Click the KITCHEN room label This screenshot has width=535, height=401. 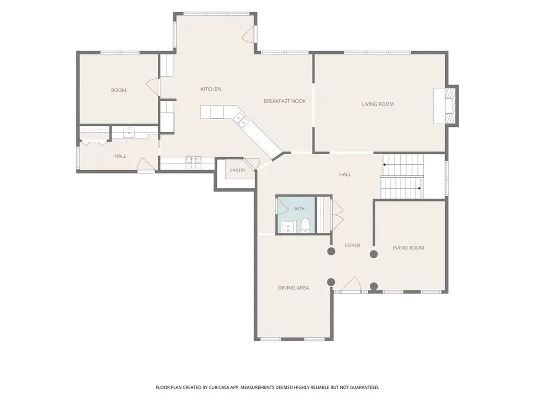[211, 89]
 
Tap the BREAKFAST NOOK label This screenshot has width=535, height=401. [285, 101]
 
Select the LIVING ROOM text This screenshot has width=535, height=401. [378, 104]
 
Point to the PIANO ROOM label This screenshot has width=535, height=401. [409, 248]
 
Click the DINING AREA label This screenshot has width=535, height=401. [294, 288]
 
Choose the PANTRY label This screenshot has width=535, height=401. [238, 170]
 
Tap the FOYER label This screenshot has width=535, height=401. [353, 245]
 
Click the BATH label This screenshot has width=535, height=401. [299, 209]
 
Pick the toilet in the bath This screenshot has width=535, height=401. [305, 226]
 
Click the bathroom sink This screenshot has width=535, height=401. [288, 227]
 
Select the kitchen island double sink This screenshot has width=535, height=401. [241, 120]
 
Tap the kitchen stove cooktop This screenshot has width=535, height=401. [193, 163]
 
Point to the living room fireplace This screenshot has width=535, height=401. [450, 105]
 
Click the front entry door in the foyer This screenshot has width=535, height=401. [351, 284]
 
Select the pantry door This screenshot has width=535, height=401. [251, 165]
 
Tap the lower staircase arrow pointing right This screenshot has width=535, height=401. [401, 188]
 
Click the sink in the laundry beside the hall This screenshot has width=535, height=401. [130, 132]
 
